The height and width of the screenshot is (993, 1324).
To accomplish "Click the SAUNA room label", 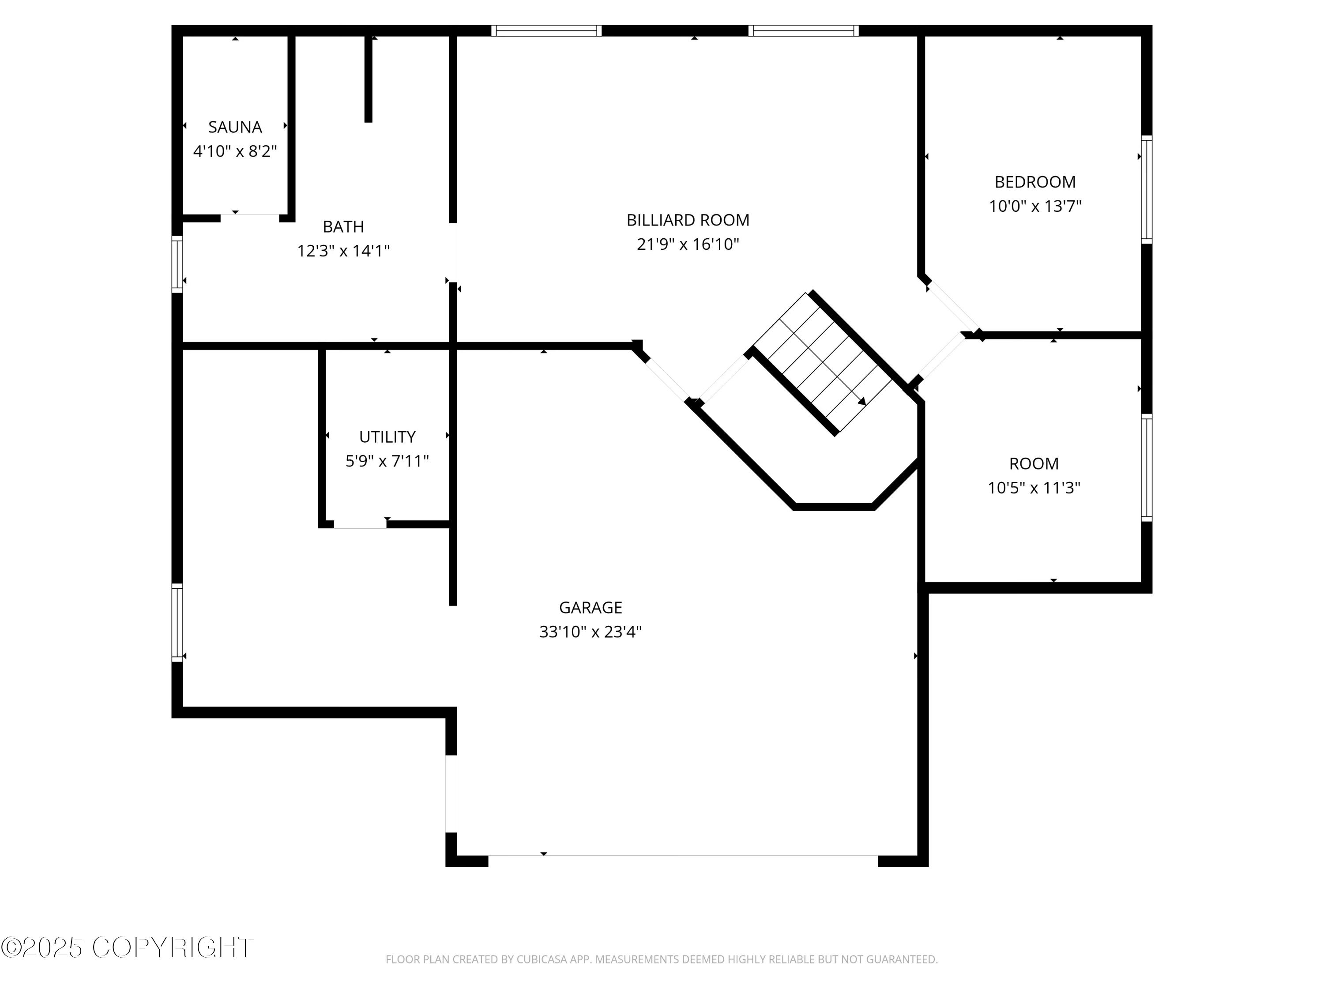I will point(235,127).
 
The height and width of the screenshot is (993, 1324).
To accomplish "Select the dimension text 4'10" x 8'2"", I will point(235,151).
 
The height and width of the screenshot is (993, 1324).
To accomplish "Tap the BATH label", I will point(343,226).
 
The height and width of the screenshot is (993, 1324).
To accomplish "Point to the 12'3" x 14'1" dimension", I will point(343,251).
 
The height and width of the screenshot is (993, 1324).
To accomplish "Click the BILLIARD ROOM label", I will point(688,220).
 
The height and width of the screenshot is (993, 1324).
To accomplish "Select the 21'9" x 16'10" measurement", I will point(688,244).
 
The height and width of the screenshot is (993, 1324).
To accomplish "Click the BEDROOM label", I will point(1035,182).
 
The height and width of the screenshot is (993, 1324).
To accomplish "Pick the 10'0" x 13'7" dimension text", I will point(1035,207).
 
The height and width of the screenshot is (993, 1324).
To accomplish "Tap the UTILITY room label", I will point(387,437).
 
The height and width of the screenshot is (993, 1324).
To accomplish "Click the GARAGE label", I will point(590,608).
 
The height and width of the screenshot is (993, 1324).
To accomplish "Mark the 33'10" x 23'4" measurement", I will point(590,632).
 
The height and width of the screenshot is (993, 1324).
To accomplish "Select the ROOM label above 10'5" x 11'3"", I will point(1034,464).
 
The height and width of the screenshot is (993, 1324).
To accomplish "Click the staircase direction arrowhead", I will point(862,402).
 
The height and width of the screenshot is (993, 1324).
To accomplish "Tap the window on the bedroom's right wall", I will point(1146,189).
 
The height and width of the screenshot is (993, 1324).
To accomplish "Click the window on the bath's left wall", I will point(177,264).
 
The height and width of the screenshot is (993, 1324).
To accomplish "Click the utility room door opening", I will point(360,524).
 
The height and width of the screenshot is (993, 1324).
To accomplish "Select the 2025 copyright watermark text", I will point(127,948).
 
